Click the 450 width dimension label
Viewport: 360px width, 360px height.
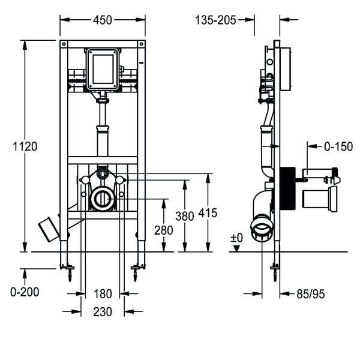click(103, 20)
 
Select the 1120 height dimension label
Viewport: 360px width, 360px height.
click(25, 146)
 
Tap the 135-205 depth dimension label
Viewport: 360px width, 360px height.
click(215, 20)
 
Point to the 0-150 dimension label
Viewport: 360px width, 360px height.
click(338, 146)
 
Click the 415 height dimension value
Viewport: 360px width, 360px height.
click(208, 213)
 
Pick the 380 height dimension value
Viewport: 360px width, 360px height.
click(185, 216)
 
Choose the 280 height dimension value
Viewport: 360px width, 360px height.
click(163, 230)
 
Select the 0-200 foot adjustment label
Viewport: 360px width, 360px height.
click(25, 292)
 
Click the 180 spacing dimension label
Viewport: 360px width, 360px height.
click(103, 294)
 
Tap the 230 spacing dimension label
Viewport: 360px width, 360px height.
click(103, 312)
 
